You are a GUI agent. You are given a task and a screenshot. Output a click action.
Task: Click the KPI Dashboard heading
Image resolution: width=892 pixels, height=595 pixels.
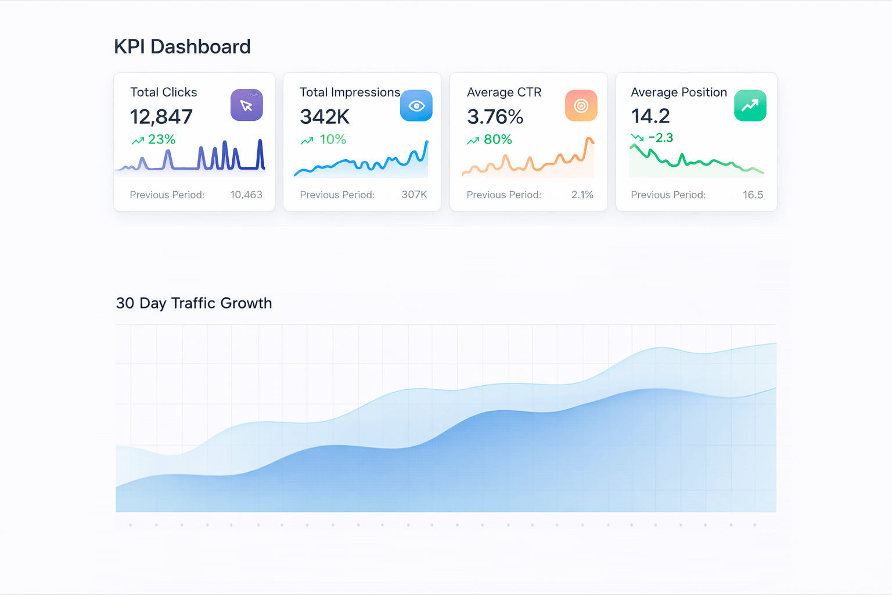click(182, 46)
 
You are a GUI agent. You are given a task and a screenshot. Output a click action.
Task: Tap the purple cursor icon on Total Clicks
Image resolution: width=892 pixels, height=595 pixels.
click(246, 105)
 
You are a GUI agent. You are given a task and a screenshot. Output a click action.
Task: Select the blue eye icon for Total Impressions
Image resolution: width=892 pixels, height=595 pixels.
click(416, 106)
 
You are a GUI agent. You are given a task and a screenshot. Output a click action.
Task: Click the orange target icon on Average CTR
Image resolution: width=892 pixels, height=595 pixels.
click(581, 106)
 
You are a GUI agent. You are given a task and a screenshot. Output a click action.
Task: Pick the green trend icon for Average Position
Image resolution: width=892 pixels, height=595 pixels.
click(750, 106)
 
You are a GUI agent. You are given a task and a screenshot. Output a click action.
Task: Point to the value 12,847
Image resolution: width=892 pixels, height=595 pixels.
click(161, 117)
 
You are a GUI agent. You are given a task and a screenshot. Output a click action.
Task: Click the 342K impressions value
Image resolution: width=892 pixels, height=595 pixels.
click(325, 117)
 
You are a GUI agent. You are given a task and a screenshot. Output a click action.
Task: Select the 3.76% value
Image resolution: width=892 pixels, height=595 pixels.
click(495, 117)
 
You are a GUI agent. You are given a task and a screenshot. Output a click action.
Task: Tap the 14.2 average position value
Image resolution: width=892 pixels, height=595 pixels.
click(650, 116)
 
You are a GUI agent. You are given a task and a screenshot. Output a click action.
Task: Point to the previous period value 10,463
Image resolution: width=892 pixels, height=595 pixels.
click(246, 195)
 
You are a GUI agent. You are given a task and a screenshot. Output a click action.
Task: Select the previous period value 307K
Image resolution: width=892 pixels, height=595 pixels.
click(414, 195)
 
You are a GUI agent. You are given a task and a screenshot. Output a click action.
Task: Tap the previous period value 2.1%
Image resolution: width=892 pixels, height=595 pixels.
click(582, 195)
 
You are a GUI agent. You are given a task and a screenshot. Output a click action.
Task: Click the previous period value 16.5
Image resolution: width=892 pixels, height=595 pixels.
click(753, 195)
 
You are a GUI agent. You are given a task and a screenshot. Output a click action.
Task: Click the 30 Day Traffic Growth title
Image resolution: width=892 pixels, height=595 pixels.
click(194, 303)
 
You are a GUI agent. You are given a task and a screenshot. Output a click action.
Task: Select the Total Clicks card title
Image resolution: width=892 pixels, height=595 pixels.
click(163, 92)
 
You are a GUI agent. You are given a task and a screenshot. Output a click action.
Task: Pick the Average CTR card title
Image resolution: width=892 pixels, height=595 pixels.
click(504, 92)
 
